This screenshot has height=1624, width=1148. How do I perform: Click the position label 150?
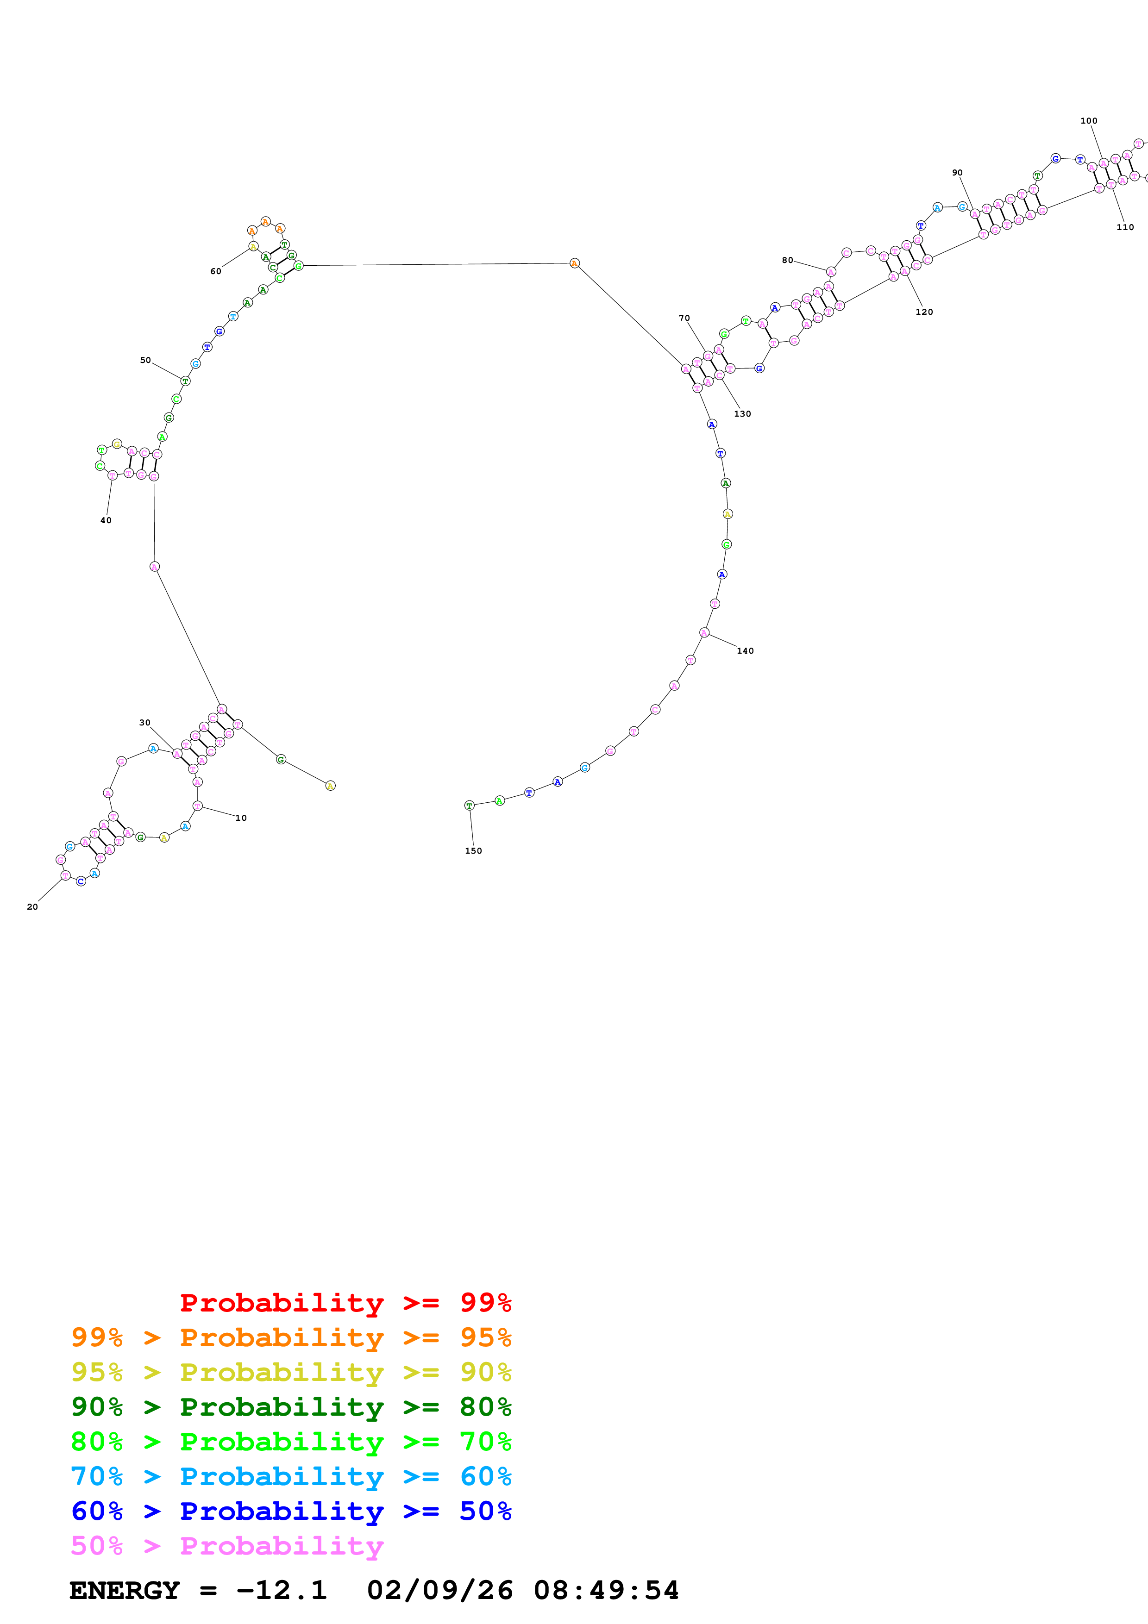[473, 851]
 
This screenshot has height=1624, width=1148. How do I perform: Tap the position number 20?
[32, 907]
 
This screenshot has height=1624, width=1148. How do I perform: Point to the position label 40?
[106, 521]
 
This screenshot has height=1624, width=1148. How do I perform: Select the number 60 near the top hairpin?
[216, 272]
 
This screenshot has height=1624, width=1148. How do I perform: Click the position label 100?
[1089, 121]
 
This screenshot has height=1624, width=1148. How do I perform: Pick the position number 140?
[746, 651]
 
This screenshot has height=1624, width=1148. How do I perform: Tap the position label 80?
[787, 260]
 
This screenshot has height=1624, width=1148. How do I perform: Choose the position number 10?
[241, 818]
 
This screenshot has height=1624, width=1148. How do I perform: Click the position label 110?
[1125, 227]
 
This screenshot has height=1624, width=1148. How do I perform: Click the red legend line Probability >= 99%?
[345, 1303]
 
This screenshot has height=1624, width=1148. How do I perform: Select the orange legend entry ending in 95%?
[291, 1337]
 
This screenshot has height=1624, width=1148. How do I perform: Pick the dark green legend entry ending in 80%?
[291, 1407]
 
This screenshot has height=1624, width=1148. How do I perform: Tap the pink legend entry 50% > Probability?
[227, 1546]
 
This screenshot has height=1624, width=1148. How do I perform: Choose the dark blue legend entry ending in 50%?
[291, 1512]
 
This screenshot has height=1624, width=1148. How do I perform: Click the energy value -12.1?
[282, 1591]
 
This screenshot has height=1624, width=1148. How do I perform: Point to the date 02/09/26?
[439, 1591]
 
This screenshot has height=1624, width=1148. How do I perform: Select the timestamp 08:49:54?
[606, 1591]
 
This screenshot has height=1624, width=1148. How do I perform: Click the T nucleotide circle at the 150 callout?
[469, 806]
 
